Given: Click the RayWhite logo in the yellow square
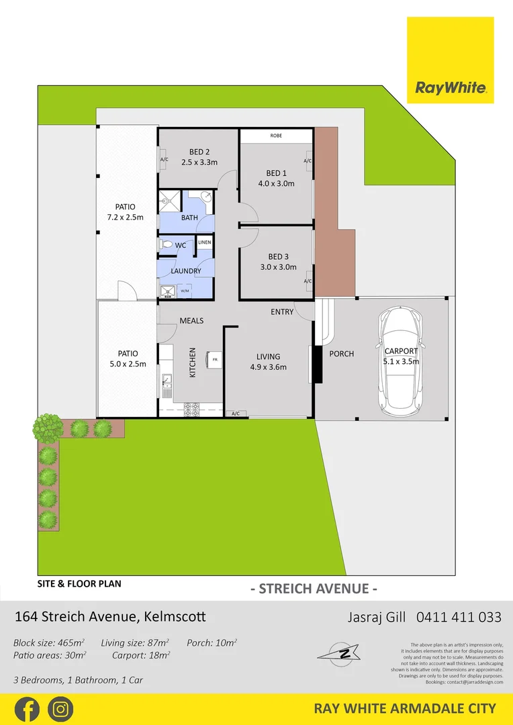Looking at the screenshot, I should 451,87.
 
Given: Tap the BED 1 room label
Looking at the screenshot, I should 276,173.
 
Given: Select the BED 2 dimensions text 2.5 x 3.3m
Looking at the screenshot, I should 199,162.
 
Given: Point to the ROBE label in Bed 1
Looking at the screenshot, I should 276,136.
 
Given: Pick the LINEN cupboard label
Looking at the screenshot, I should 204,242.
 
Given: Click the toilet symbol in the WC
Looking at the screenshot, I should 166,245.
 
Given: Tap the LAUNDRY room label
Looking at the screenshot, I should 186,271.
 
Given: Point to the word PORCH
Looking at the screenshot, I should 341,354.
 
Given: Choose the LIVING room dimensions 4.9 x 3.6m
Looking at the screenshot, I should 268,367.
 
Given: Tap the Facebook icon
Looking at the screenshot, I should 26,709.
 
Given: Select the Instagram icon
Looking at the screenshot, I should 60,709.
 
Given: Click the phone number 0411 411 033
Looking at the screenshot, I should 459,617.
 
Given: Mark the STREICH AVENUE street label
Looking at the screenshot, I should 313,589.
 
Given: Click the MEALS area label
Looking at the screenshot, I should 191,320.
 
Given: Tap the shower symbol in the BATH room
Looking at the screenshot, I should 169,199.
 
